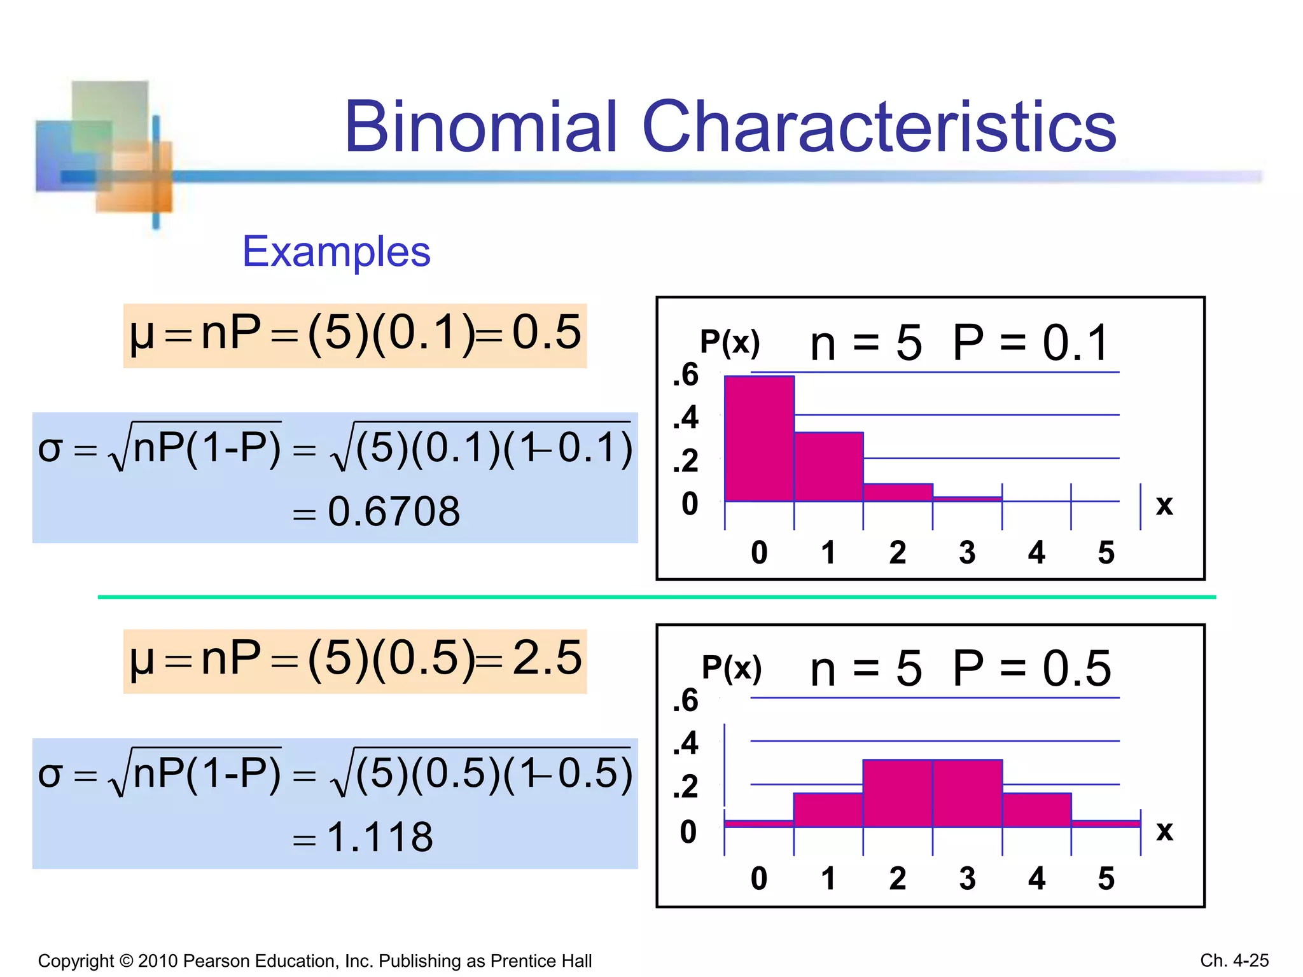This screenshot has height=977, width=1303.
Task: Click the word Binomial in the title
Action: (480, 127)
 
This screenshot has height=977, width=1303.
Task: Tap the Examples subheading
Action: (336, 251)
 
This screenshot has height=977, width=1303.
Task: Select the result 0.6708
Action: (393, 511)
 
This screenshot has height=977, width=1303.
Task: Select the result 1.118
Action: (380, 837)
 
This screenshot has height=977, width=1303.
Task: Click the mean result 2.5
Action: (547, 658)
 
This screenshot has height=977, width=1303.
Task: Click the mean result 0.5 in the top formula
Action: (547, 332)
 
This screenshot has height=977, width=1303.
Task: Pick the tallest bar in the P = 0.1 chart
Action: (759, 439)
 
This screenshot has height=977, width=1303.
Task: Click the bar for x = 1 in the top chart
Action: (828, 467)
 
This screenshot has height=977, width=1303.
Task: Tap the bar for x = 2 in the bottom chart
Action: (898, 793)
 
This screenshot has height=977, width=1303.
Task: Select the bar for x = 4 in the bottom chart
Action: (1036, 810)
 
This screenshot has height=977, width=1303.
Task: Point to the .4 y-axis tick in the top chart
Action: (686, 418)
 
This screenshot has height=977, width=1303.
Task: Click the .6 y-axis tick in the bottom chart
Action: (686, 700)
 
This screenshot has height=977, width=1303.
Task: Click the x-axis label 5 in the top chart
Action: (1106, 552)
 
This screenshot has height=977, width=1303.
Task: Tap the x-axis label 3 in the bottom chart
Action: (967, 878)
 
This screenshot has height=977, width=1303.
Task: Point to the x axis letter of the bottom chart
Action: (1164, 830)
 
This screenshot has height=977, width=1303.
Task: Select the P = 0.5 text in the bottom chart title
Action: (1031, 669)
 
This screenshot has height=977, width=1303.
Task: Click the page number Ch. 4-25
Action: (1234, 960)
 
